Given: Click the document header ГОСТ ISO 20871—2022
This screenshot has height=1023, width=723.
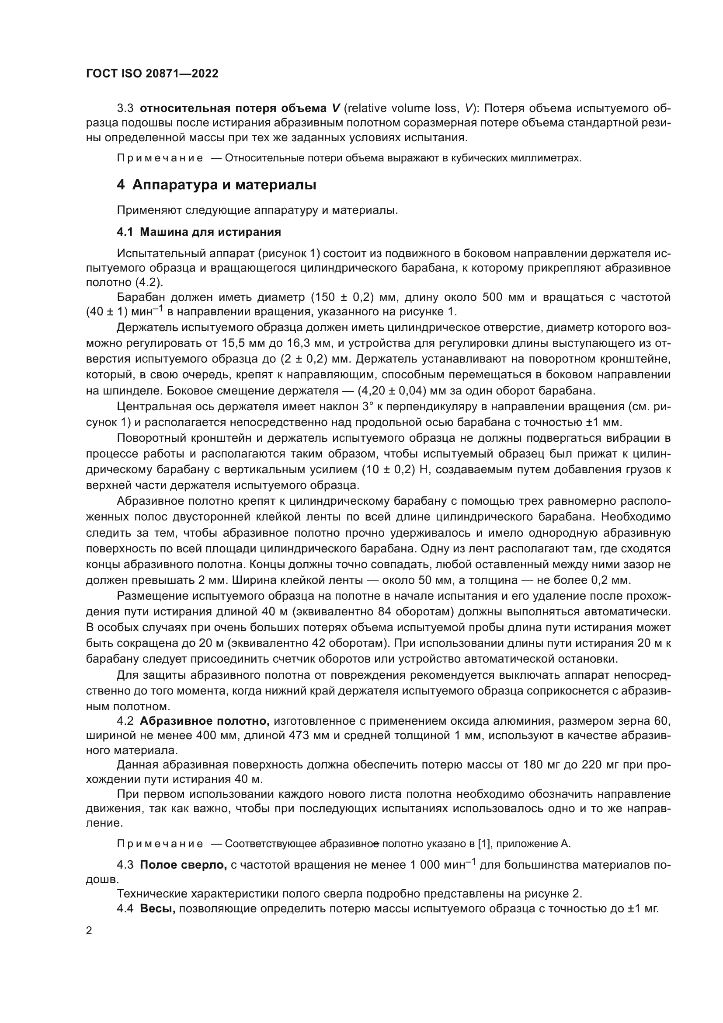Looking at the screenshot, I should pyautogui.click(x=152, y=74).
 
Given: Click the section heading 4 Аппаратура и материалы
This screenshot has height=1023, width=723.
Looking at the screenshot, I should pyautogui.click(x=216, y=185).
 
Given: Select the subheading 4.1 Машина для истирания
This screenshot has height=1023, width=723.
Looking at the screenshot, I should pyautogui.click(x=198, y=232).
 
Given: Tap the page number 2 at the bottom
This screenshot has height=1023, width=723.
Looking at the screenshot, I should pyautogui.click(x=89, y=931).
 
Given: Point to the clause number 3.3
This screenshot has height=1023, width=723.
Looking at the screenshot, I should pyautogui.click(x=125, y=108).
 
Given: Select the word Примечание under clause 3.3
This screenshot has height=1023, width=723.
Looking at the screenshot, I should pyautogui.click(x=160, y=158).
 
